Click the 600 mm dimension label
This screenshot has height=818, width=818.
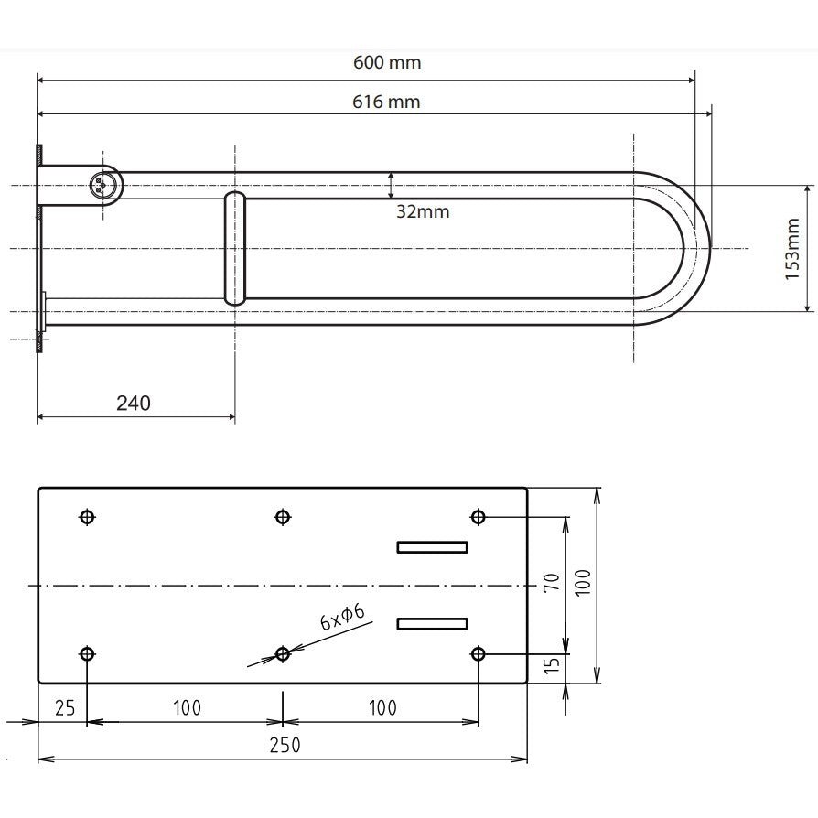(387, 62)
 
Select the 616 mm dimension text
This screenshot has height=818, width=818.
(386, 102)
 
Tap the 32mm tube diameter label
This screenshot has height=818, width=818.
(423, 211)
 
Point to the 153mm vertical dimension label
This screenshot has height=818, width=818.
(791, 249)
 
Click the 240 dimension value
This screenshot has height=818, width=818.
(134, 404)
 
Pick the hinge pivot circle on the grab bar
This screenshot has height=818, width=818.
(102, 185)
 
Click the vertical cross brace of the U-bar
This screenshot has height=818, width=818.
(235, 248)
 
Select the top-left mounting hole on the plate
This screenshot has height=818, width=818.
(87, 517)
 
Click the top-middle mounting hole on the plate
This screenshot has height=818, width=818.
(282, 517)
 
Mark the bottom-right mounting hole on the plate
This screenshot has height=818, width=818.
(478, 653)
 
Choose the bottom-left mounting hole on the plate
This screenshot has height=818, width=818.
(87, 653)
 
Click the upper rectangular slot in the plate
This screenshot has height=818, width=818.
(433, 547)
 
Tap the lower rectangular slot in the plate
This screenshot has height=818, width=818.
(433, 623)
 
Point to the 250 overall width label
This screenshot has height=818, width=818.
(285, 745)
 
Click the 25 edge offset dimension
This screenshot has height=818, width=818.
(65, 708)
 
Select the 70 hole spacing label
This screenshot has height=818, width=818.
(552, 582)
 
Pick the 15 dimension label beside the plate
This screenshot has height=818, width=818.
(552, 664)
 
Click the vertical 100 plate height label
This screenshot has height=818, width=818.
(583, 582)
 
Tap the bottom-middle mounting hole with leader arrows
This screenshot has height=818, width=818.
(282, 653)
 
